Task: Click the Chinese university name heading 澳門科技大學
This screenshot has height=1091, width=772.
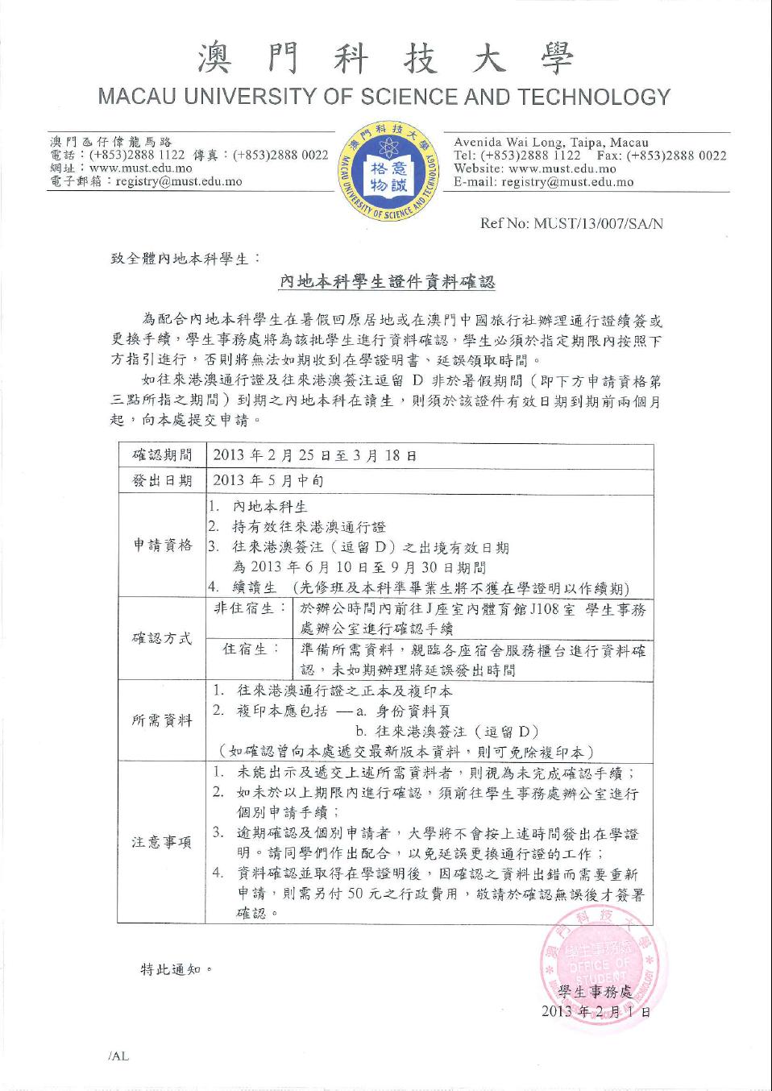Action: pos(384,59)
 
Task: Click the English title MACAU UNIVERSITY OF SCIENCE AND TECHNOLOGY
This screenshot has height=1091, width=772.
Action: pos(384,97)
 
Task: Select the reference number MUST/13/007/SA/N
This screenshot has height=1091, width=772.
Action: pos(598,223)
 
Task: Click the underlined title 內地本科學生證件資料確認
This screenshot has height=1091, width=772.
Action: pos(386,282)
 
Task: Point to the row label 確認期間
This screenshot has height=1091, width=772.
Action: pos(162,455)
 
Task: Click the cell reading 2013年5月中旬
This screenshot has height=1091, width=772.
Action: pos(268,481)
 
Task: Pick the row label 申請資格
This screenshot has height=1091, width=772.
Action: pos(162,545)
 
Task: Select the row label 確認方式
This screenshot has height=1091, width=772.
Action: pos(162,638)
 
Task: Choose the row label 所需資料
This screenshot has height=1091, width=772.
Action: pos(162,720)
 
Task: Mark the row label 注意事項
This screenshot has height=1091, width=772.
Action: pos(162,843)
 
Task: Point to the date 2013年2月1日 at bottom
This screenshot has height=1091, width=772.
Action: pos(596,1011)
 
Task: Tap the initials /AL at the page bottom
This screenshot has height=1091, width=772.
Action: pos(118,1056)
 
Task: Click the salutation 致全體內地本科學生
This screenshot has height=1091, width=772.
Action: pos(185,259)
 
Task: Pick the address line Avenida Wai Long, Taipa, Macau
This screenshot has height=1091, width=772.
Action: pos(551,143)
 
